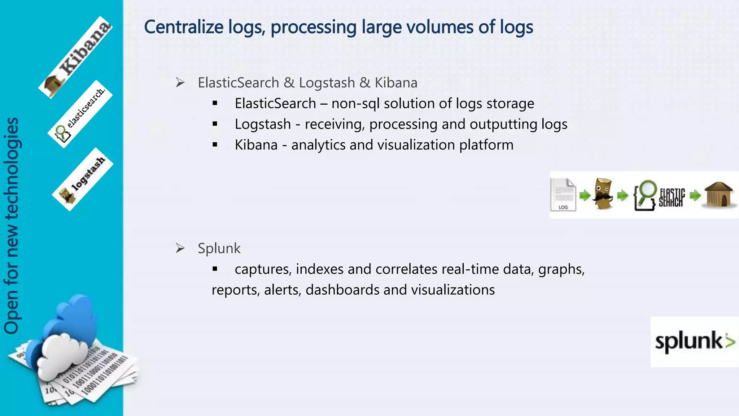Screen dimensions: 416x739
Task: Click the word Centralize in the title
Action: tap(184, 27)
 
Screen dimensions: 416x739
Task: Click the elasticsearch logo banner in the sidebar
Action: tap(80, 114)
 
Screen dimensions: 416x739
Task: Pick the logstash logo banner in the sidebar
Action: tap(83, 179)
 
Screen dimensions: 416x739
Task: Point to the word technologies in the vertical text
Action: tap(12, 168)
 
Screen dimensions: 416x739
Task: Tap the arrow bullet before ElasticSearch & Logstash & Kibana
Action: tap(180, 83)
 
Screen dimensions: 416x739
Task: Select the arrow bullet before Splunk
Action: tap(180, 248)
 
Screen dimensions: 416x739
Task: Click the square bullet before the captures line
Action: tap(215, 269)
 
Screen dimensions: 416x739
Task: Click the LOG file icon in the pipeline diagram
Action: tap(563, 195)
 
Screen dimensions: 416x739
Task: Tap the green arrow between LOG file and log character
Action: tap(585, 196)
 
